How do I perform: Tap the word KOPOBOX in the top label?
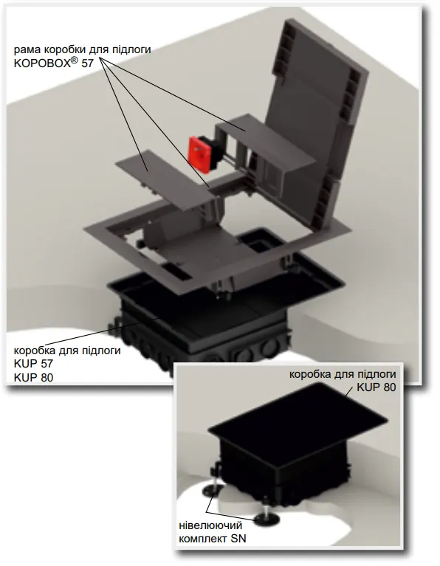(42, 63)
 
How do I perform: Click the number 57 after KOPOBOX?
(87, 63)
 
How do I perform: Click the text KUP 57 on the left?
(33, 364)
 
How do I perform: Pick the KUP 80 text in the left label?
(33, 378)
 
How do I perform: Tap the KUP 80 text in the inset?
(376, 387)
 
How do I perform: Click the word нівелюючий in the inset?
(210, 525)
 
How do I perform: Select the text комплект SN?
(213, 539)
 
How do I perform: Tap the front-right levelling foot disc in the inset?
(267, 520)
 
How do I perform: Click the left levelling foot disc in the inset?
(210, 489)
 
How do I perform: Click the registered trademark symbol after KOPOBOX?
(74, 61)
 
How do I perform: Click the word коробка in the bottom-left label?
(35, 350)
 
